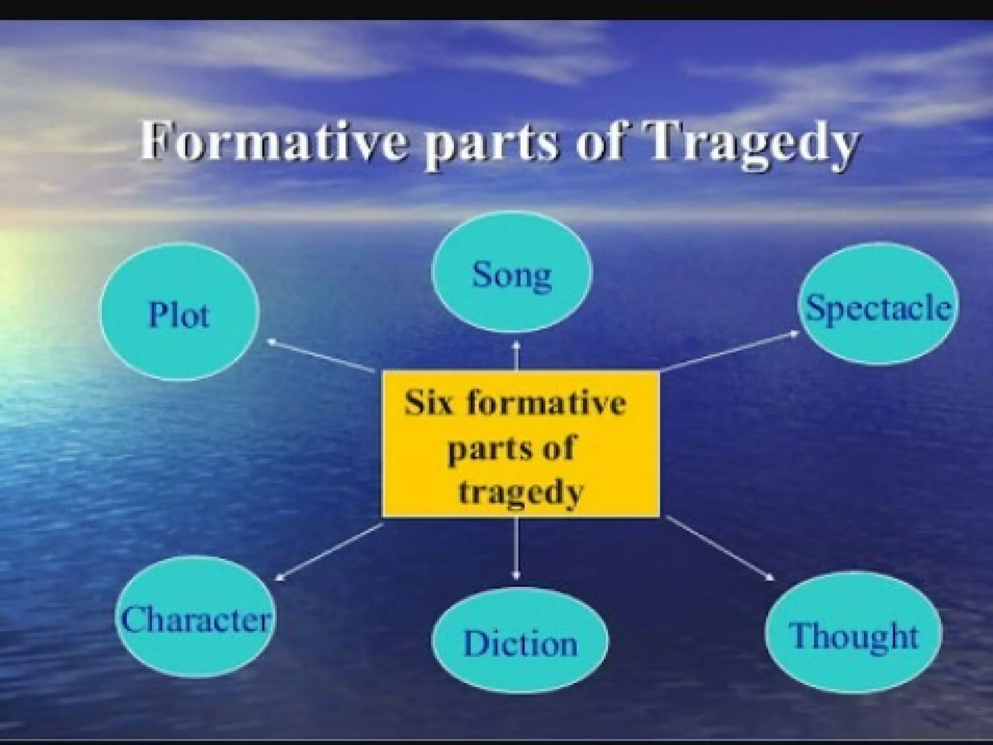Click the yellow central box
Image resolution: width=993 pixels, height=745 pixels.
pos(521,444)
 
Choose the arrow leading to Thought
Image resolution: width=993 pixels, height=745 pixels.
pos(721,548)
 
